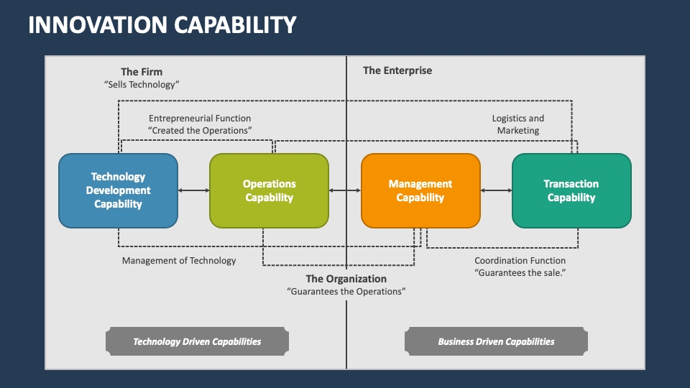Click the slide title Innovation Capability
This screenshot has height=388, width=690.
(x=162, y=25)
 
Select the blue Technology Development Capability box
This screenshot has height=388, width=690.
(x=119, y=190)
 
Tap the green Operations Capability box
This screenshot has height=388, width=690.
(x=269, y=190)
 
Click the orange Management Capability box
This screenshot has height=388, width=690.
(x=420, y=190)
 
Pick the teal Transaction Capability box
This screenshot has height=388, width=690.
(x=571, y=190)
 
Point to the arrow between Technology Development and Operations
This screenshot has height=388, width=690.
(x=193, y=190)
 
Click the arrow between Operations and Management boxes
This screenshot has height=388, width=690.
(x=345, y=190)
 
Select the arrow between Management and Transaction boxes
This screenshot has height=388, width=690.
(x=496, y=190)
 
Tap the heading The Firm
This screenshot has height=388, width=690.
(x=142, y=71)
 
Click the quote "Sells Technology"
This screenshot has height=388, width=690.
(x=142, y=85)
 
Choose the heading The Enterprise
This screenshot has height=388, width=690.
(x=397, y=70)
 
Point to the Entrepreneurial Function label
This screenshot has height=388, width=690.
(x=200, y=118)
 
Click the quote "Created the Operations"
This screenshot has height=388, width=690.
(x=200, y=131)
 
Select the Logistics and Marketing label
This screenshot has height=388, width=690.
(x=518, y=124)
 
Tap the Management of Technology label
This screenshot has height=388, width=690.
(x=179, y=261)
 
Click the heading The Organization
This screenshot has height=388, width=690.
(x=346, y=279)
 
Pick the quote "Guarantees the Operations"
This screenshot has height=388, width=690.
(x=346, y=292)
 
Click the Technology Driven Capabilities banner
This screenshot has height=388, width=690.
(x=197, y=342)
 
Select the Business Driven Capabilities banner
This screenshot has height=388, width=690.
(x=496, y=342)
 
